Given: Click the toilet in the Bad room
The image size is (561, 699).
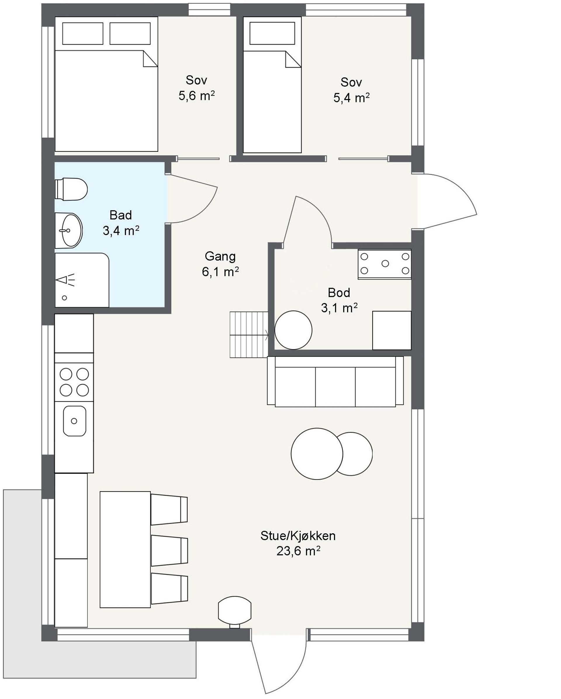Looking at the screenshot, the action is coord(71,189).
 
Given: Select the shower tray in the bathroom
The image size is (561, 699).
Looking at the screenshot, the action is coord(82,280).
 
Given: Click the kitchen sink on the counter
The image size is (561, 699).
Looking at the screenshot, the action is coord(74,421).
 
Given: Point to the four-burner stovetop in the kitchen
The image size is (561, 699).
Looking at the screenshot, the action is coord(74,382).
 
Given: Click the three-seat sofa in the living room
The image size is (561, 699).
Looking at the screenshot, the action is coord(335,381).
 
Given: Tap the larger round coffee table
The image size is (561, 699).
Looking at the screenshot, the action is coord(317,454).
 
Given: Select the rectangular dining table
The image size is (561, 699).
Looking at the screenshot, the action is coord(125,549).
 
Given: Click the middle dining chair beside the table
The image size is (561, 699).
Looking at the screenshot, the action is coord(169,550).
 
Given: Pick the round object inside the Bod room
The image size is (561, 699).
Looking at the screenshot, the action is coord(293,330).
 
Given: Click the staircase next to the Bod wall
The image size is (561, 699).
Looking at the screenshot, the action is coord(249,334).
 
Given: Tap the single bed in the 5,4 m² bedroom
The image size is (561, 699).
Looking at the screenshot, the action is coord(272,85).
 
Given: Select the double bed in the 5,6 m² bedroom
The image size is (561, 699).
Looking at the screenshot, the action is coord(106,84).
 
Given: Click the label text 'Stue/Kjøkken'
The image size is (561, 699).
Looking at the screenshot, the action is coord(298,536).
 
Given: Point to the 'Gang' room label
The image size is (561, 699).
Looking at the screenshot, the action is coord(220,256).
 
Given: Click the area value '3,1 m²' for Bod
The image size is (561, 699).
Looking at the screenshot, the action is coord(339,307).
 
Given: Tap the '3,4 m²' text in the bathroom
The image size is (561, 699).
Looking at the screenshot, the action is coord(121,230).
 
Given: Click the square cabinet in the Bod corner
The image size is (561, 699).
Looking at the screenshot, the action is coord(392,330).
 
